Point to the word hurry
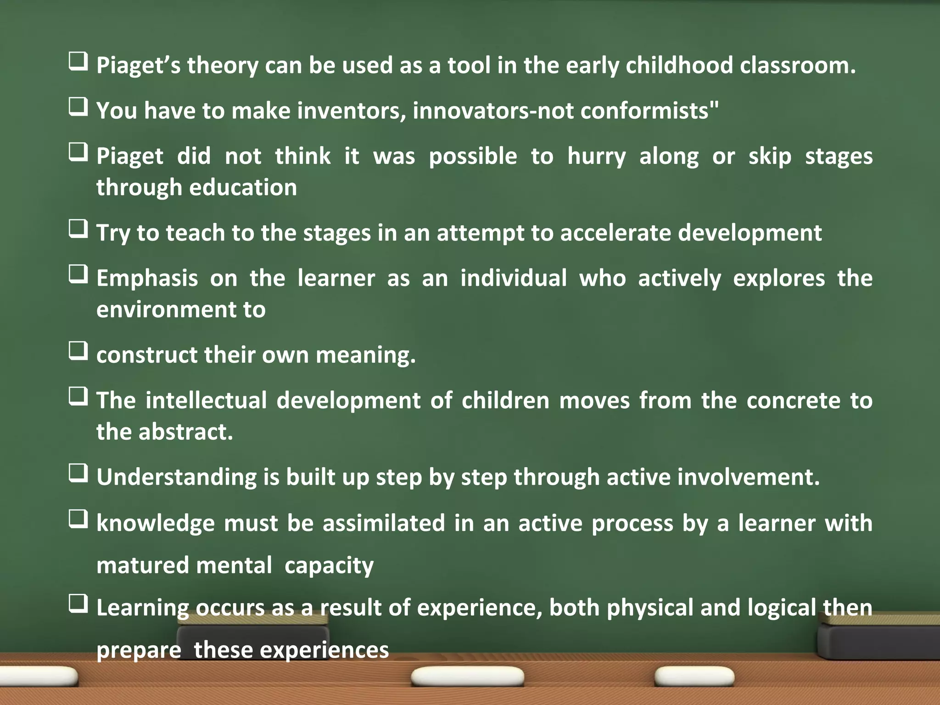pyautogui.click(x=596, y=157)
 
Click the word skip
pyautogui.click(x=770, y=157)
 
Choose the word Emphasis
pyautogui.click(x=147, y=279)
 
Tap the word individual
pyautogui.click(x=514, y=279)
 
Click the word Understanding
pyautogui.click(x=176, y=477)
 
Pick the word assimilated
pyautogui.click(x=384, y=523)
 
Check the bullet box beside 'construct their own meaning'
pyautogui.click(x=78, y=351)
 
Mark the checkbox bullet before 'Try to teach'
pyautogui.click(x=78, y=229)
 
